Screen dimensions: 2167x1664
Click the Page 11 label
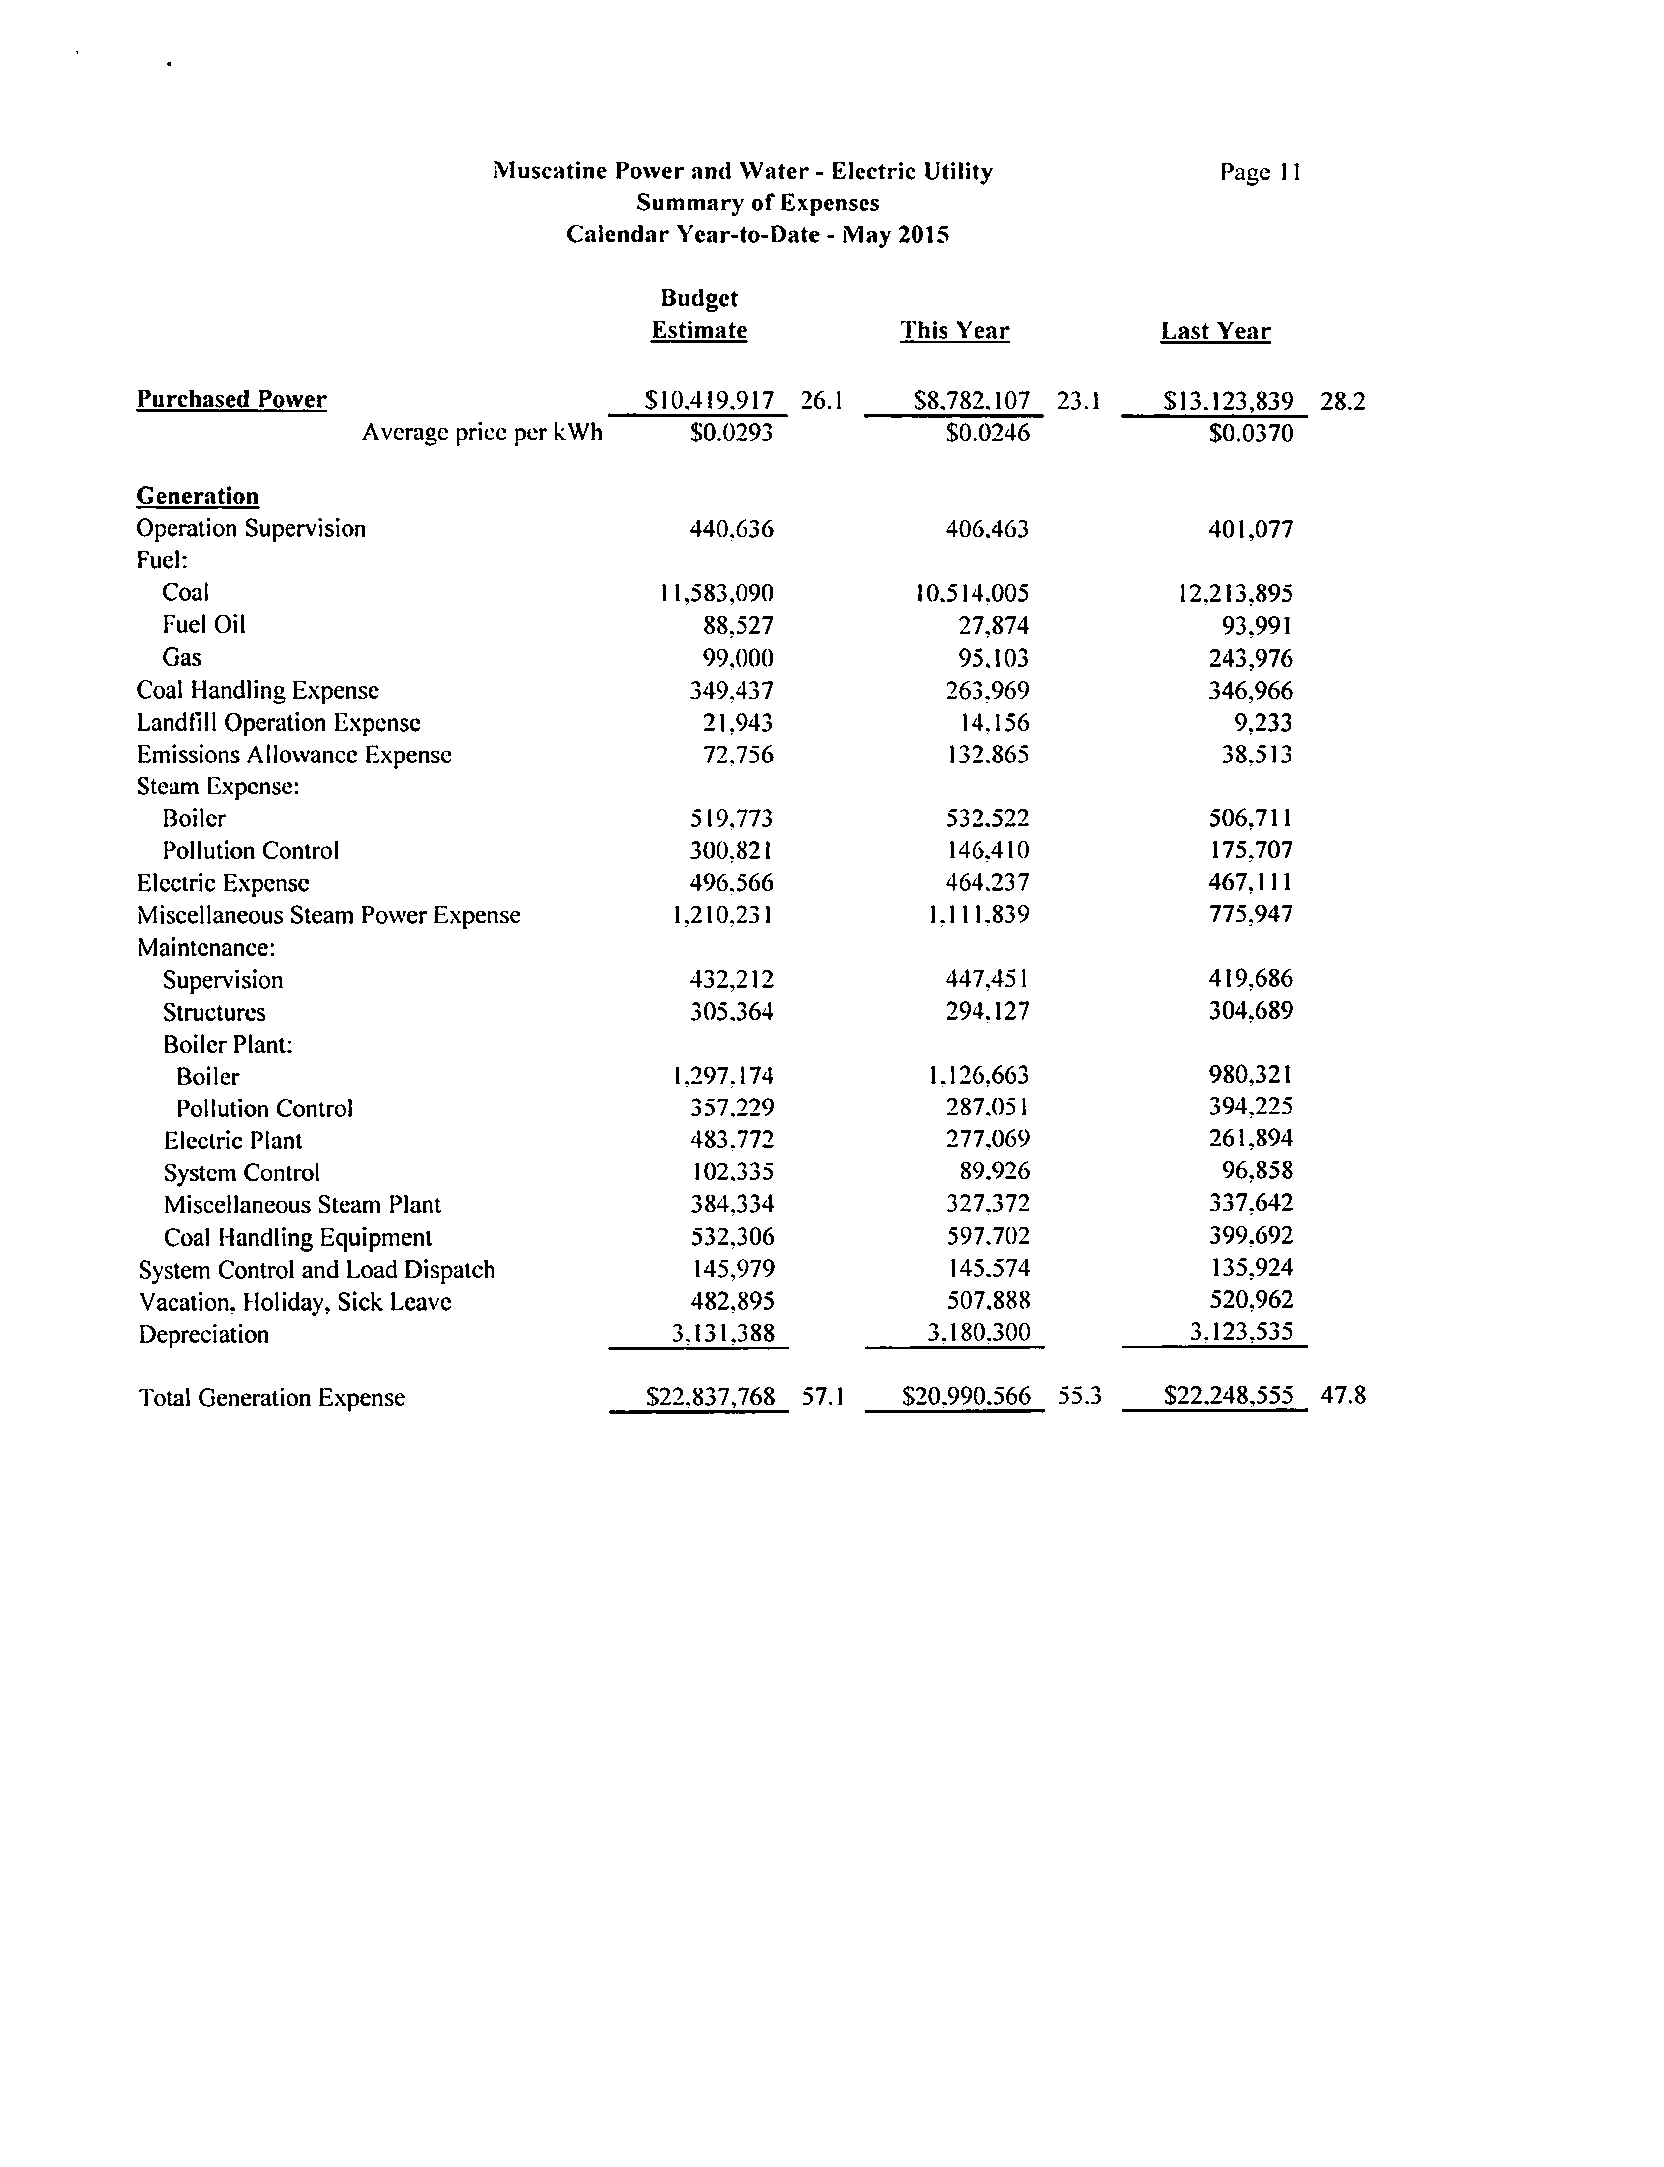click(x=1260, y=173)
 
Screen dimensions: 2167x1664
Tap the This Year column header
click(x=955, y=331)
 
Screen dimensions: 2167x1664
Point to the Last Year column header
click(x=1215, y=331)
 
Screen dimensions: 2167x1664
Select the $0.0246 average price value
click(x=987, y=433)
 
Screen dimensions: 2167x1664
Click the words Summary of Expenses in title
click(x=758, y=203)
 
